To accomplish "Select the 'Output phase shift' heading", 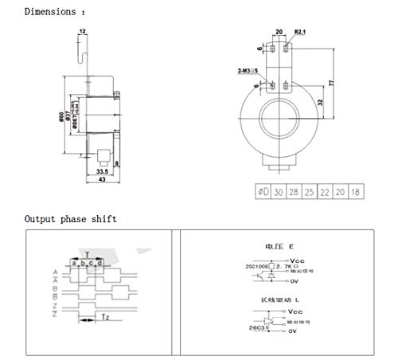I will [70, 218].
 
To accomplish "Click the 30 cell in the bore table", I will [279, 193].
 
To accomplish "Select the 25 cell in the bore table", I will [309, 193].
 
